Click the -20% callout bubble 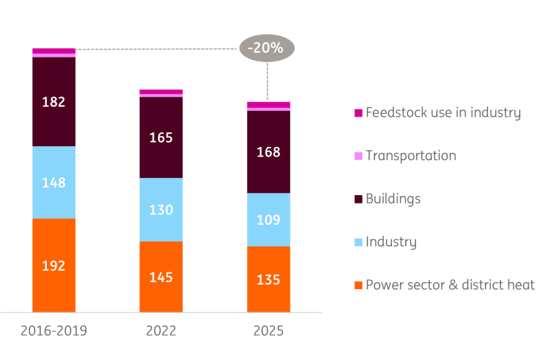click(267, 48)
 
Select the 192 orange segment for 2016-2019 click(54, 266)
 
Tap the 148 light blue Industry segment click(54, 182)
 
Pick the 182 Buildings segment click(54, 101)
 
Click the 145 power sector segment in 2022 click(161, 277)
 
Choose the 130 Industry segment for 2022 click(161, 210)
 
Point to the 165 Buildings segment click(161, 138)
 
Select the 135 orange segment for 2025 click(268, 279)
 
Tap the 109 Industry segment click(268, 219)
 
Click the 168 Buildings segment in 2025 click(268, 152)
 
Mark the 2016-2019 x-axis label click(54, 331)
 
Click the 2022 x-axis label click(161, 331)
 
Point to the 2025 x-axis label click(268, 331)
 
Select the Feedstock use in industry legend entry click(437, 112)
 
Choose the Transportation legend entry click(405, 156)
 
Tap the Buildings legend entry click(388, 199)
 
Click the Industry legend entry click(386, 242)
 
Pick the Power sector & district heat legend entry click(444, 285)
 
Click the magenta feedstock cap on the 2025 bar click(268, 105)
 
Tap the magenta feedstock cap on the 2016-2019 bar click(54, 51)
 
